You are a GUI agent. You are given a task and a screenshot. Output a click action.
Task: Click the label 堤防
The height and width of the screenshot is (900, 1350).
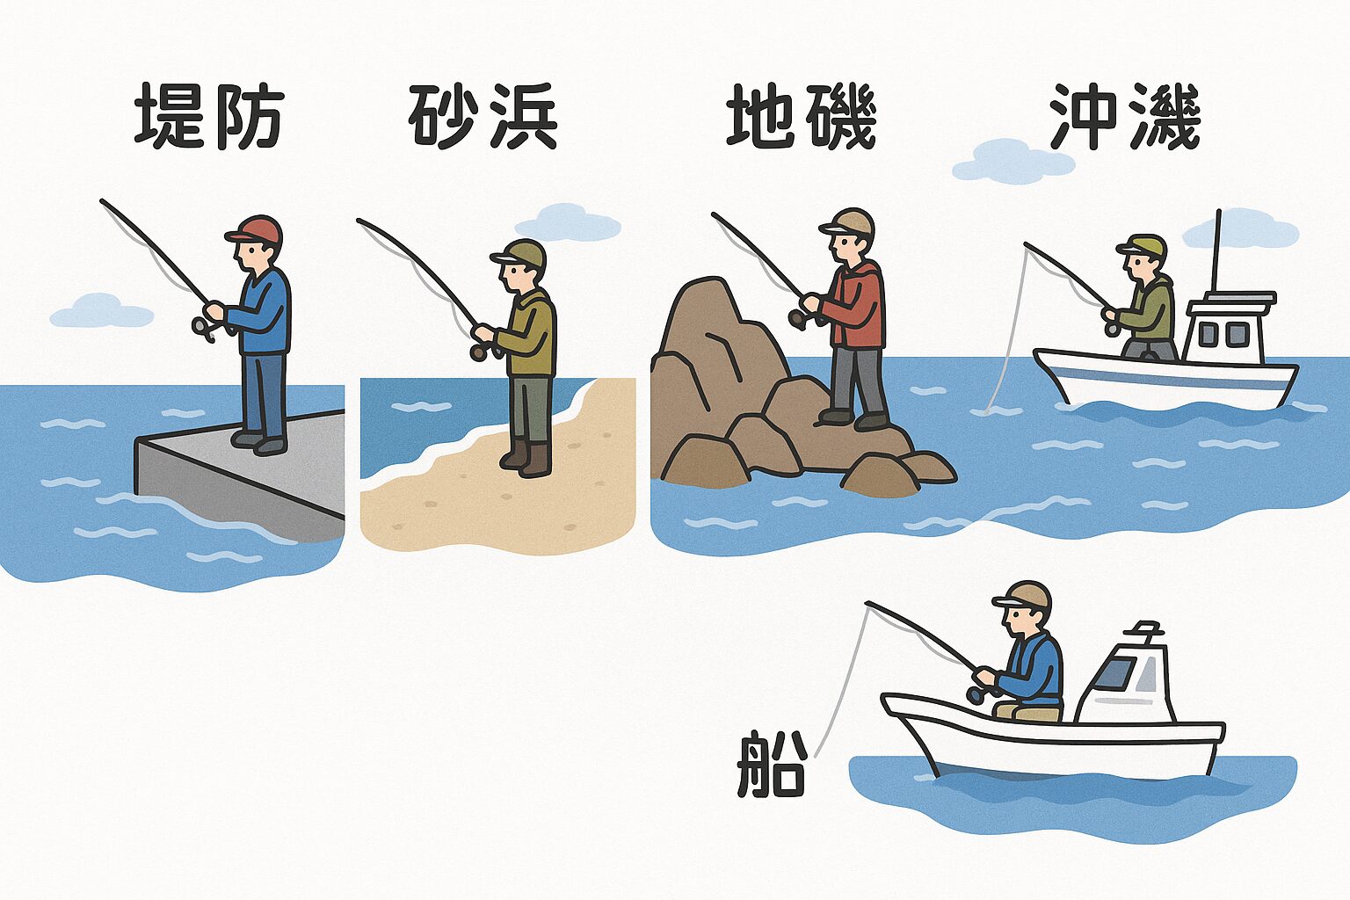click(x=209, y=117)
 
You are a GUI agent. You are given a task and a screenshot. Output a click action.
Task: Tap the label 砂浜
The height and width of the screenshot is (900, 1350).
click(x=483, y=117)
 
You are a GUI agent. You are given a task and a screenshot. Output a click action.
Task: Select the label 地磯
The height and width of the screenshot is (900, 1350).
click(x=802, y=117)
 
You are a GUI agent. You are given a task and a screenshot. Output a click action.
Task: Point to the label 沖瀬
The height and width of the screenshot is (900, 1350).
click(x=1125, y=117)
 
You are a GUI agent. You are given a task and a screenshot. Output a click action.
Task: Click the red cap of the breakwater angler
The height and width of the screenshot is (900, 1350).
click(x=256, y=229)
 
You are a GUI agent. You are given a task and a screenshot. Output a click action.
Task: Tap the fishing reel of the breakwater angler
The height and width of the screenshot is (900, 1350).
click(x=203, y=329)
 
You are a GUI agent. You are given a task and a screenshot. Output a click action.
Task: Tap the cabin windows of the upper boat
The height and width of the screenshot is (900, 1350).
click(x=1223, y=334)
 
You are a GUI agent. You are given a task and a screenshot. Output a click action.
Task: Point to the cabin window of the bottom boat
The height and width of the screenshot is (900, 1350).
click(x=1115, y=674)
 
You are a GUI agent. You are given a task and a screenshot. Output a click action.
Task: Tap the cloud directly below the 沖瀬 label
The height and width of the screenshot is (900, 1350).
click(x=1012, y=162)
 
